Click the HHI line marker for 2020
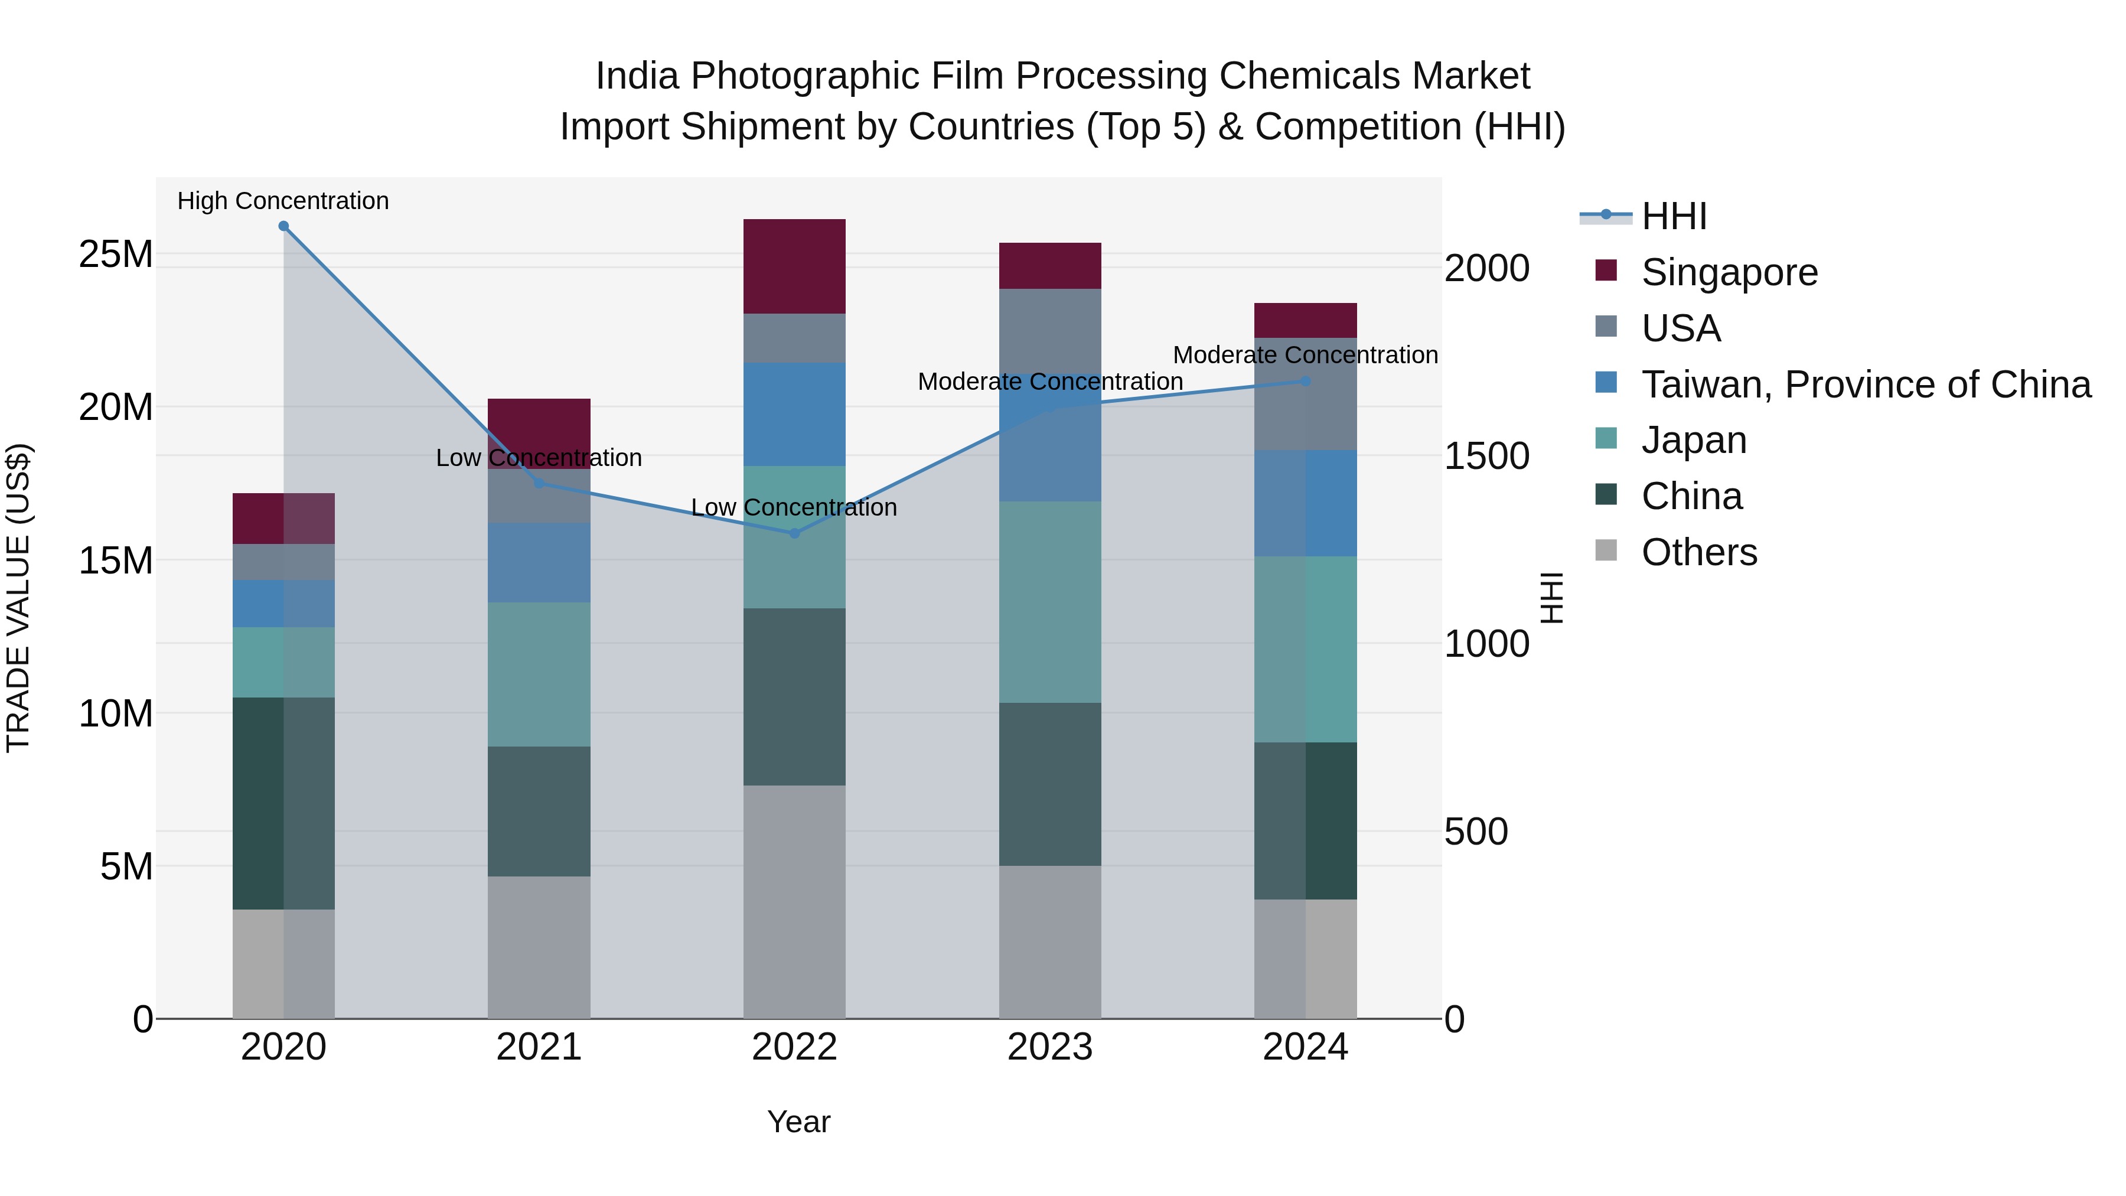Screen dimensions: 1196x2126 [283, 226]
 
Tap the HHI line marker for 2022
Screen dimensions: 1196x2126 [794, 533]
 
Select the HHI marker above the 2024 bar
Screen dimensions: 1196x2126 [1305, 382]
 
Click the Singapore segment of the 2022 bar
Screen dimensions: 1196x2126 [794, 266]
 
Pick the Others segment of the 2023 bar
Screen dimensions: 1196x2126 [1050, 941]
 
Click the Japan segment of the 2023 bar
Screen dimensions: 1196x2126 [1050, 602]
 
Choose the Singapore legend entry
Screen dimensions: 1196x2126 [1729, 272]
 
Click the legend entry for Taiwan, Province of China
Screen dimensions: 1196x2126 [1865, 384]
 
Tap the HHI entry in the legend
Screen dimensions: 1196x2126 [1674, 216]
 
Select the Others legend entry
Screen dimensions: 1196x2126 [1698, 552]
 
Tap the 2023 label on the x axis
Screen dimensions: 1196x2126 [1050, 1047]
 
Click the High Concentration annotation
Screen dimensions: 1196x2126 [283, 201]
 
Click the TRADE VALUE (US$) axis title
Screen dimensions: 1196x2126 [18, 598]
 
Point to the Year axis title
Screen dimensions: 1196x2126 [798, 1122]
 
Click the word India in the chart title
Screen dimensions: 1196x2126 [637, 76]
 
